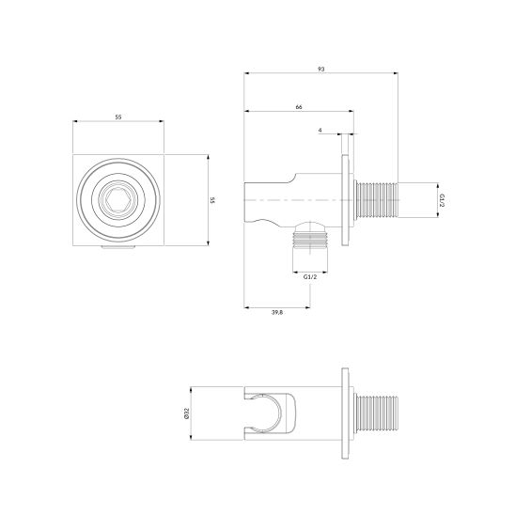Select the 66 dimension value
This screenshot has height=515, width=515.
(299, 108)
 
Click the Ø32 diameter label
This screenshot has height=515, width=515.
(188, 414)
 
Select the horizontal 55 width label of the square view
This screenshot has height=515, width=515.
(119, 117)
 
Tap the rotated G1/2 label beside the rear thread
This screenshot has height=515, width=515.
(440, 201)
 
